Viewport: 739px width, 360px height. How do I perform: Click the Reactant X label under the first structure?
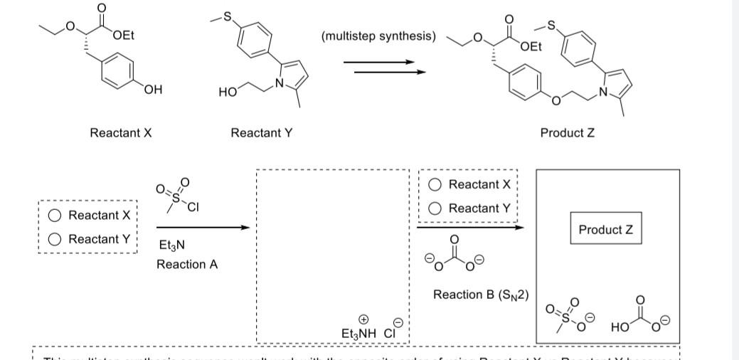121,133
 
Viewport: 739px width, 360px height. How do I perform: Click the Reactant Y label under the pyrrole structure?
262,133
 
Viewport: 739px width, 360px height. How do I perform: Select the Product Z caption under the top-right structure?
568,133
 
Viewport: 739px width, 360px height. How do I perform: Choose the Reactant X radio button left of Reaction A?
54,216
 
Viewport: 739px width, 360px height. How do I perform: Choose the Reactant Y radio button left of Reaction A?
54,240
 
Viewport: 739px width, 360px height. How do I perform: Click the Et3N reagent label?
171,245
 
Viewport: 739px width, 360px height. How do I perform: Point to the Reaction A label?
187,265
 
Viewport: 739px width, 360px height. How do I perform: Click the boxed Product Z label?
605,230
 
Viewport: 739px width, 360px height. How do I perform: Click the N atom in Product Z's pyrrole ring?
606,92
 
